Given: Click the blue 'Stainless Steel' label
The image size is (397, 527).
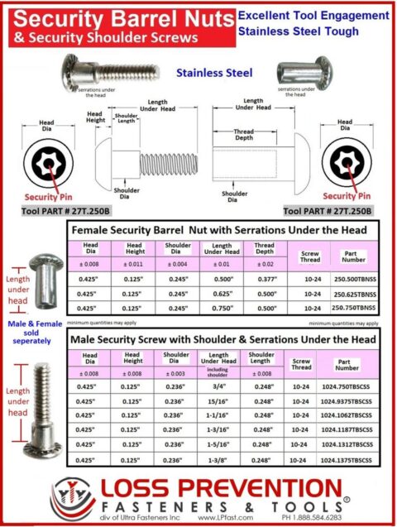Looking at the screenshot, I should [213, 72].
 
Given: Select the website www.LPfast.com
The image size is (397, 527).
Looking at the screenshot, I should [223, 519].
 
